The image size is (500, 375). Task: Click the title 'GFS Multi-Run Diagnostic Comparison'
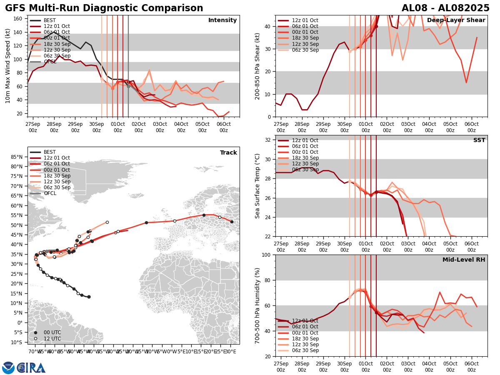pos(104,8)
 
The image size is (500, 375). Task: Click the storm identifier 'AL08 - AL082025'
pos(445,8)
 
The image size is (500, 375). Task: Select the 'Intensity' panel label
pos(222,20)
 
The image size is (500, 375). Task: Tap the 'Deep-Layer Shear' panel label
pos(456,20)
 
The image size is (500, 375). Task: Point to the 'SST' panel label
pos(479,140)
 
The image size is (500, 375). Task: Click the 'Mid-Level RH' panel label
pos(464,260)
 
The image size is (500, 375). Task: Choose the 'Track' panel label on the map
pos(228,153)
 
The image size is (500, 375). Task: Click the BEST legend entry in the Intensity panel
pos(49,20)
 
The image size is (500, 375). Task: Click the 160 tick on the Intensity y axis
pos(18,18)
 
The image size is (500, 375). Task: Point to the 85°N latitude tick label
pos(17,157)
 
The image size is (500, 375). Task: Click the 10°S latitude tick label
pos(17,342)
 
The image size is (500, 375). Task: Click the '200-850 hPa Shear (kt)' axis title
pos(258,66)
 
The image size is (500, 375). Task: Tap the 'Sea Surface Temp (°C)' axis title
pos(258,186)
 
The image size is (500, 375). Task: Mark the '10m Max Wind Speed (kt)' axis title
pos(8,66)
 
